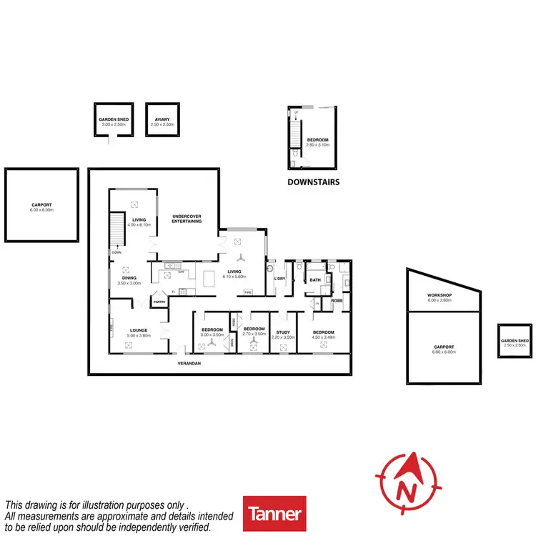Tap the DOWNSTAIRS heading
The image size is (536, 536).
click(x=313, y=182)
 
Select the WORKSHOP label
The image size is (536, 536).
click(x=441, y=295)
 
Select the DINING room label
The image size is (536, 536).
click(x=129, y=278)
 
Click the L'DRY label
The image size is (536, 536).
click(x=279, y=279)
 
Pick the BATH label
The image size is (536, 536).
click(x=314, y=280)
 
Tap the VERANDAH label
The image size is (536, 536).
click(x=190, y=363)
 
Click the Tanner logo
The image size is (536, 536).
click(x=274, y=514)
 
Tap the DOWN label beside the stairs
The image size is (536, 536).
click(x=115, y=252)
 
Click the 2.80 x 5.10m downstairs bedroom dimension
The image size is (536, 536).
click(x=318, y=145)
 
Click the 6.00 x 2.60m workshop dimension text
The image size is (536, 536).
click(x=441, y=300)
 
